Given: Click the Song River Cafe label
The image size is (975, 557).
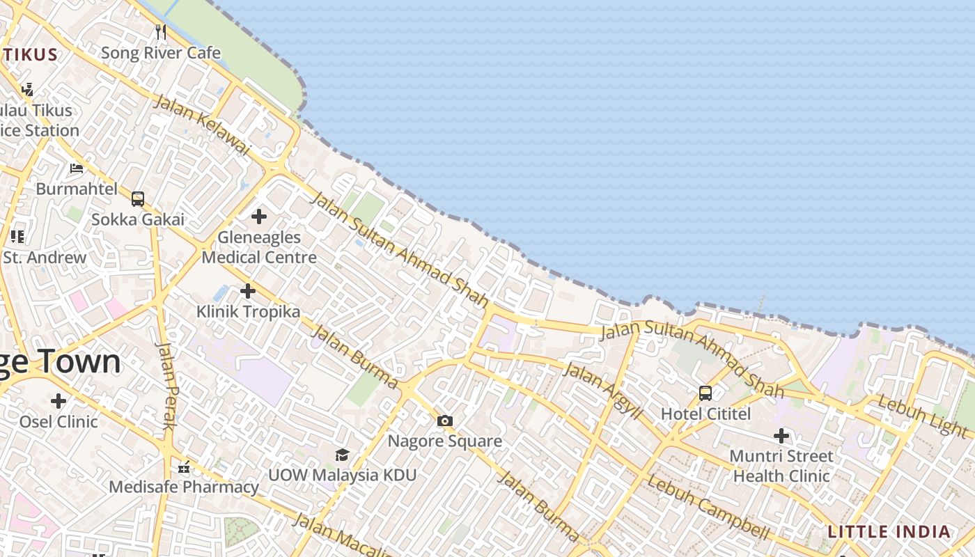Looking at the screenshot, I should (x=161, y=53).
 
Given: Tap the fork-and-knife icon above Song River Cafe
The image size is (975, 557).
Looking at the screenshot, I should (x=161, y=31).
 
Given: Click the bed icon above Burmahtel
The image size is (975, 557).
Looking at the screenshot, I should (x=77, y=168).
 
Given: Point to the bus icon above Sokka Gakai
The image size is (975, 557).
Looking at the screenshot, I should (x=138, y=199).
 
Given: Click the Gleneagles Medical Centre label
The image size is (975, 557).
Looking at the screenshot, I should (x=259, y=247).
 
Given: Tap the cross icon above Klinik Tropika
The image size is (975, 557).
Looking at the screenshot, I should (x=247, y=291).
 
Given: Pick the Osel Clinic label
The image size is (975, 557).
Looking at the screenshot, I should (x=58, y=421).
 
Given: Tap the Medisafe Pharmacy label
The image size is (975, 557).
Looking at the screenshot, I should (x=184, y=487).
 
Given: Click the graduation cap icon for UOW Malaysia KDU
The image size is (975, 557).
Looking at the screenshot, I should (x=342, y=455).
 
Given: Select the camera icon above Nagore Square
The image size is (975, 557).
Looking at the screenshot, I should (x=445, y=421).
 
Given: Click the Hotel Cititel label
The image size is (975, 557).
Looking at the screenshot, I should (x=705, y=414).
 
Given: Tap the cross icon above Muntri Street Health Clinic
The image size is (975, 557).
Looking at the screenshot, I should (x=781, y=437).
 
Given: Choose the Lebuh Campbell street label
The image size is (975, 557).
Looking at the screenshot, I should (x=708, y=508).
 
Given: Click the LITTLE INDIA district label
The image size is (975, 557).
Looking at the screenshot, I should (x=889, y=532).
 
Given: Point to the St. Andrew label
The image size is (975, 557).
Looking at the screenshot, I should (x=45, y=257).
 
